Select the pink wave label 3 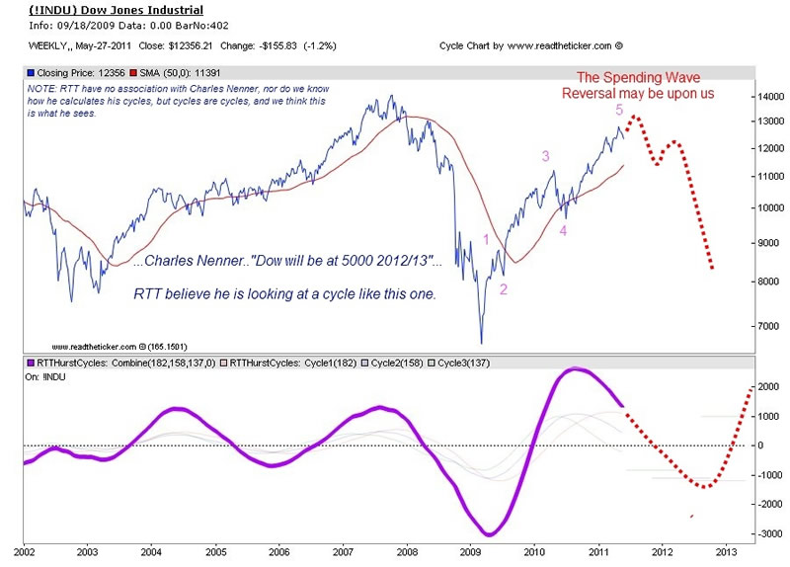pos(545,156)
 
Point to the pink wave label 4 pos(564,231)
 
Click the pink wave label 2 pos(504,288)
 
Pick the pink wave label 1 pos(486,239)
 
